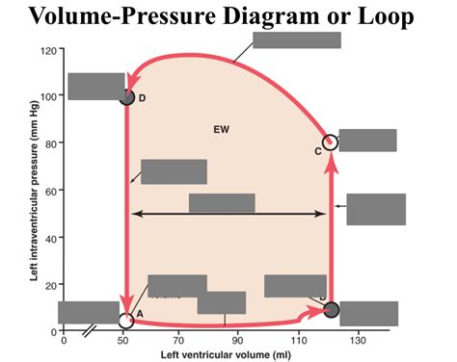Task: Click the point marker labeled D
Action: (126, 96)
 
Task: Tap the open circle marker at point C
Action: (330, 143)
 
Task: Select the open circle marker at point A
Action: (125, 321)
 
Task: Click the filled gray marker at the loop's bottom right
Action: (331, 309)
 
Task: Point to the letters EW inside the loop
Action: (222, 128)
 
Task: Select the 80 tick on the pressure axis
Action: (45, 143)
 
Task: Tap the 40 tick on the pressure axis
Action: (45, 237)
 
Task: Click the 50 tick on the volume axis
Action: (121, 340)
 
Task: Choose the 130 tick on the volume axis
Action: (358, 340)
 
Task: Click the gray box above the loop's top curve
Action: (296, 39)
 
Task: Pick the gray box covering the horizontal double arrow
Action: (222, 203)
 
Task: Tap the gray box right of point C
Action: (367, 141)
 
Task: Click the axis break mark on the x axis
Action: (88, 331)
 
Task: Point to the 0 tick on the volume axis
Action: (64, 340)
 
